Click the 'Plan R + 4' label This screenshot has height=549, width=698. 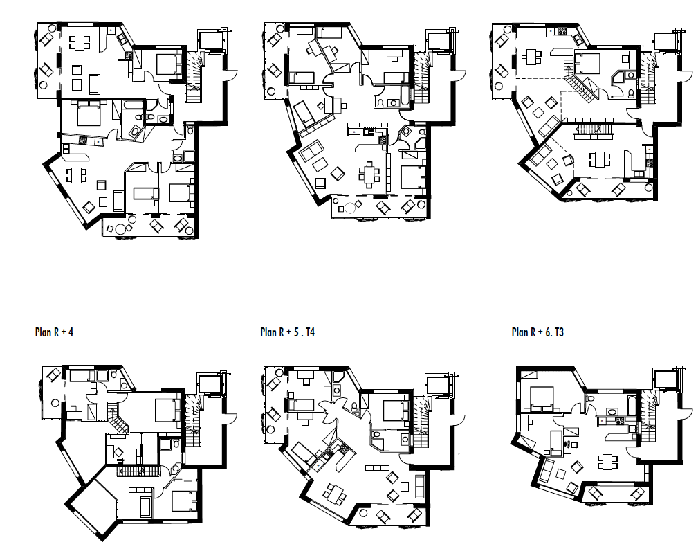click(x=54, y=332)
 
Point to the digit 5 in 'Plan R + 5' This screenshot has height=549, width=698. click(x=296, y=332)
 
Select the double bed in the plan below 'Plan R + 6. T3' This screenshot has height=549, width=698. click(x=541, y=398)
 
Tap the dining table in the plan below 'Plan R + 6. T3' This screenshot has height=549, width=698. click(x=607, y=460)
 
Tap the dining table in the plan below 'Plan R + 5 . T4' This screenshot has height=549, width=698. click(x=337, y=493)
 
